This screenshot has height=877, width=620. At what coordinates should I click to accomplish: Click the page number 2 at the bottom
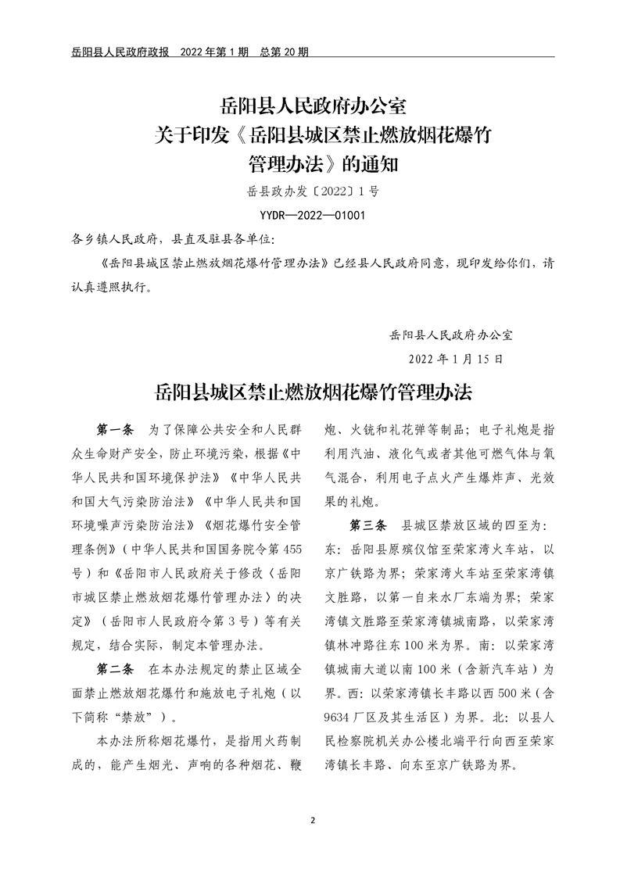pos(312,821)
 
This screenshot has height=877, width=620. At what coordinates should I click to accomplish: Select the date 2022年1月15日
pos(456,360)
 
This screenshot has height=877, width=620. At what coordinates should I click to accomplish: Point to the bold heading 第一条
pos(115,430)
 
